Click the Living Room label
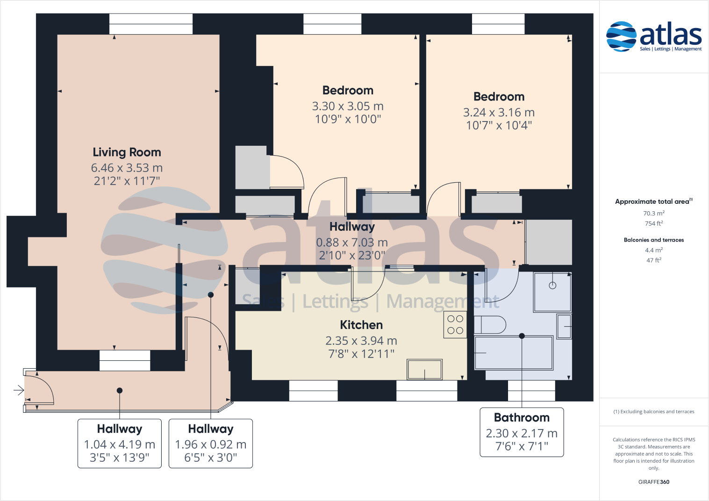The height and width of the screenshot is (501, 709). [x=127, y=152]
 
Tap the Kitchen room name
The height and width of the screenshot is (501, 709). [x=361, y=325]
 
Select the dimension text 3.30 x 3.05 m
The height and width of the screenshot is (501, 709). [x=348, y=107]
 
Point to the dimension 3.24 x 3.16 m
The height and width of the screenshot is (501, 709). [x=499, y=113]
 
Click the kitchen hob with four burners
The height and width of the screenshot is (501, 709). [x=455, y=325]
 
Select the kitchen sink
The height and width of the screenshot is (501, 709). [x=424, y=370]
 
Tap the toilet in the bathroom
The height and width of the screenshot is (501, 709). [x=489, y=325]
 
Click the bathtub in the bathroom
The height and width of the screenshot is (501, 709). [x=513, y=353]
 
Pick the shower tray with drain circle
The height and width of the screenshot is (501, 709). [x=552, y=292]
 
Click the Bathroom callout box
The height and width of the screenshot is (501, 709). [x=522, y=432]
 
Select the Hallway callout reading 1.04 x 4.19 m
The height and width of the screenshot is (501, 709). [x=120, y=443]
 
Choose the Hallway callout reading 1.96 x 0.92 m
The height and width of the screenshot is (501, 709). [x=211, y=443]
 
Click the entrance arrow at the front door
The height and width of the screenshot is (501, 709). [x=19, y=390]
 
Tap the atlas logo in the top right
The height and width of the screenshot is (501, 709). [x=653, y=36]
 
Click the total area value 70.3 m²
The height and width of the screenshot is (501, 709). [x=653, y=213]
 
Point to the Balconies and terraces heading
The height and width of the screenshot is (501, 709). [x=653, y=240]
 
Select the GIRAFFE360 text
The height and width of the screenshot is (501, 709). [x=653, y=482]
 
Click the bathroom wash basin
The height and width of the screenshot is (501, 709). [x=564, y=326]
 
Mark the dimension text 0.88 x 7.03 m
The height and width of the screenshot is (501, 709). [x=352, y=243]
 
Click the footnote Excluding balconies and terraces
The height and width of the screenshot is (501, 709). [x=653, y=412]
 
